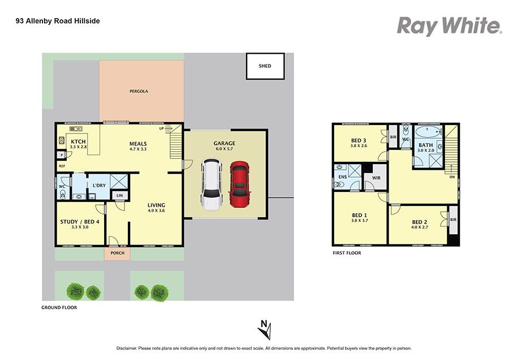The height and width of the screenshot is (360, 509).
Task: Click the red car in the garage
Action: coord(240,184)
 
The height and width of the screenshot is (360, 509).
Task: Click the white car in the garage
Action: coord(212,185)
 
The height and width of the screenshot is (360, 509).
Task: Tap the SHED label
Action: coord(265,66)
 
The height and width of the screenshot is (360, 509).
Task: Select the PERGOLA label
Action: coord(139,91)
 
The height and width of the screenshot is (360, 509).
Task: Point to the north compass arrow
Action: coord(265,329)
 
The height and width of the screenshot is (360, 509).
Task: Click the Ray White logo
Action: coord(450,26)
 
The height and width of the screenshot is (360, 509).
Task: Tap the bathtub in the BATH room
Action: coord(429,132)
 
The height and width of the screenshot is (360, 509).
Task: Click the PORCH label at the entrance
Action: coord(118,253)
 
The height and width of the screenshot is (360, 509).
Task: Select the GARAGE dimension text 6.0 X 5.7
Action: coord(225,149)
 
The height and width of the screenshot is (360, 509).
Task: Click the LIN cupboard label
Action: coord(120,195)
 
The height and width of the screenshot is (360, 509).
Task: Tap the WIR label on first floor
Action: coord(376,178)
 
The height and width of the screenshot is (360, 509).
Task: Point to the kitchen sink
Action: coord(76,129)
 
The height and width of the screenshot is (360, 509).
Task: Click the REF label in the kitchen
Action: coord(62,166)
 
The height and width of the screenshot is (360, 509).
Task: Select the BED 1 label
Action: coord(359,215)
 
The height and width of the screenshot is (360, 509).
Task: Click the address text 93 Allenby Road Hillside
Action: coord(58,21)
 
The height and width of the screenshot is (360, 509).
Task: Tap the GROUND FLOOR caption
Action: coord(59,307)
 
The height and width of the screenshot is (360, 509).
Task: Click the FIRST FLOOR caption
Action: coord(347,253)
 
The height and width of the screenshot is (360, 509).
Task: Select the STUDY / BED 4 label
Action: coord(80,222)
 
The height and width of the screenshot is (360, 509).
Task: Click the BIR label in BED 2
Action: coord(454,220)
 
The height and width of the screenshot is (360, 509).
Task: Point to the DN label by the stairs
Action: coord(452,177)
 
